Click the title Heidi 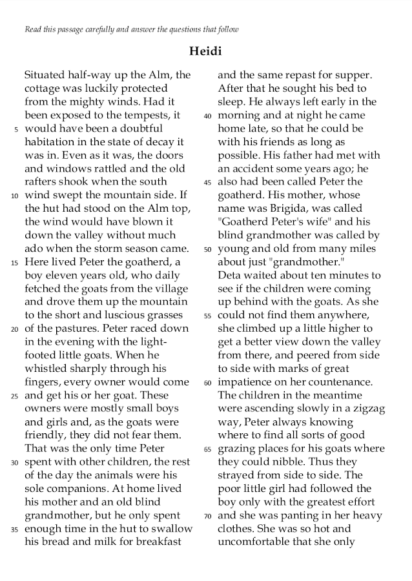click(205, 51)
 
